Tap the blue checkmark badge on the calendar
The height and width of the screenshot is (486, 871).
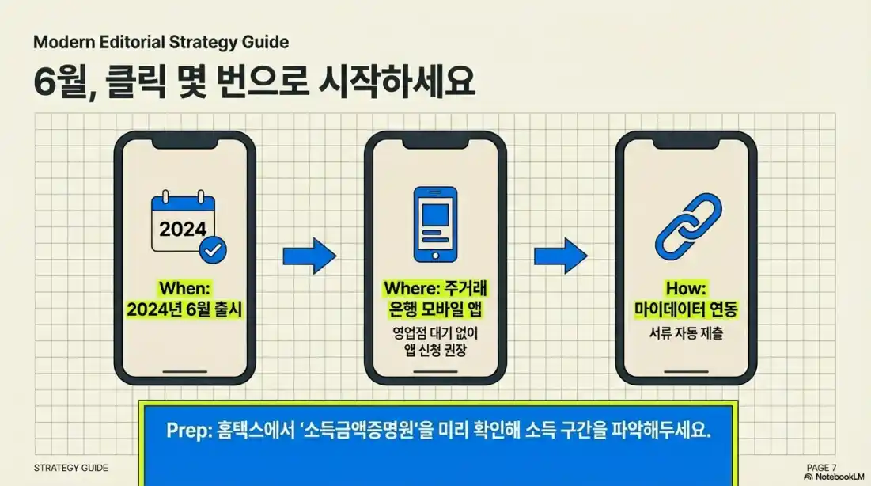(212, 251)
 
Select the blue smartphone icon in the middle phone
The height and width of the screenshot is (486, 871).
(434, 224)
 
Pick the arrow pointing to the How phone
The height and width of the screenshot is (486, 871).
(560, 255)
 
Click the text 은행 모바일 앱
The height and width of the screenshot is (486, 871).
(435, 309)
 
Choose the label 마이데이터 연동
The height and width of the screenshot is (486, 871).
(685, 309)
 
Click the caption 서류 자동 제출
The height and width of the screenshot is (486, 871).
(685, 333)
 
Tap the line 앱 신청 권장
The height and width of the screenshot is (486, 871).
(435, 349)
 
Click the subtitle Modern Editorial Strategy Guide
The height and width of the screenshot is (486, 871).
(161, 41)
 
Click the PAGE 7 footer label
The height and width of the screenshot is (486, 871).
(821, 468)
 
